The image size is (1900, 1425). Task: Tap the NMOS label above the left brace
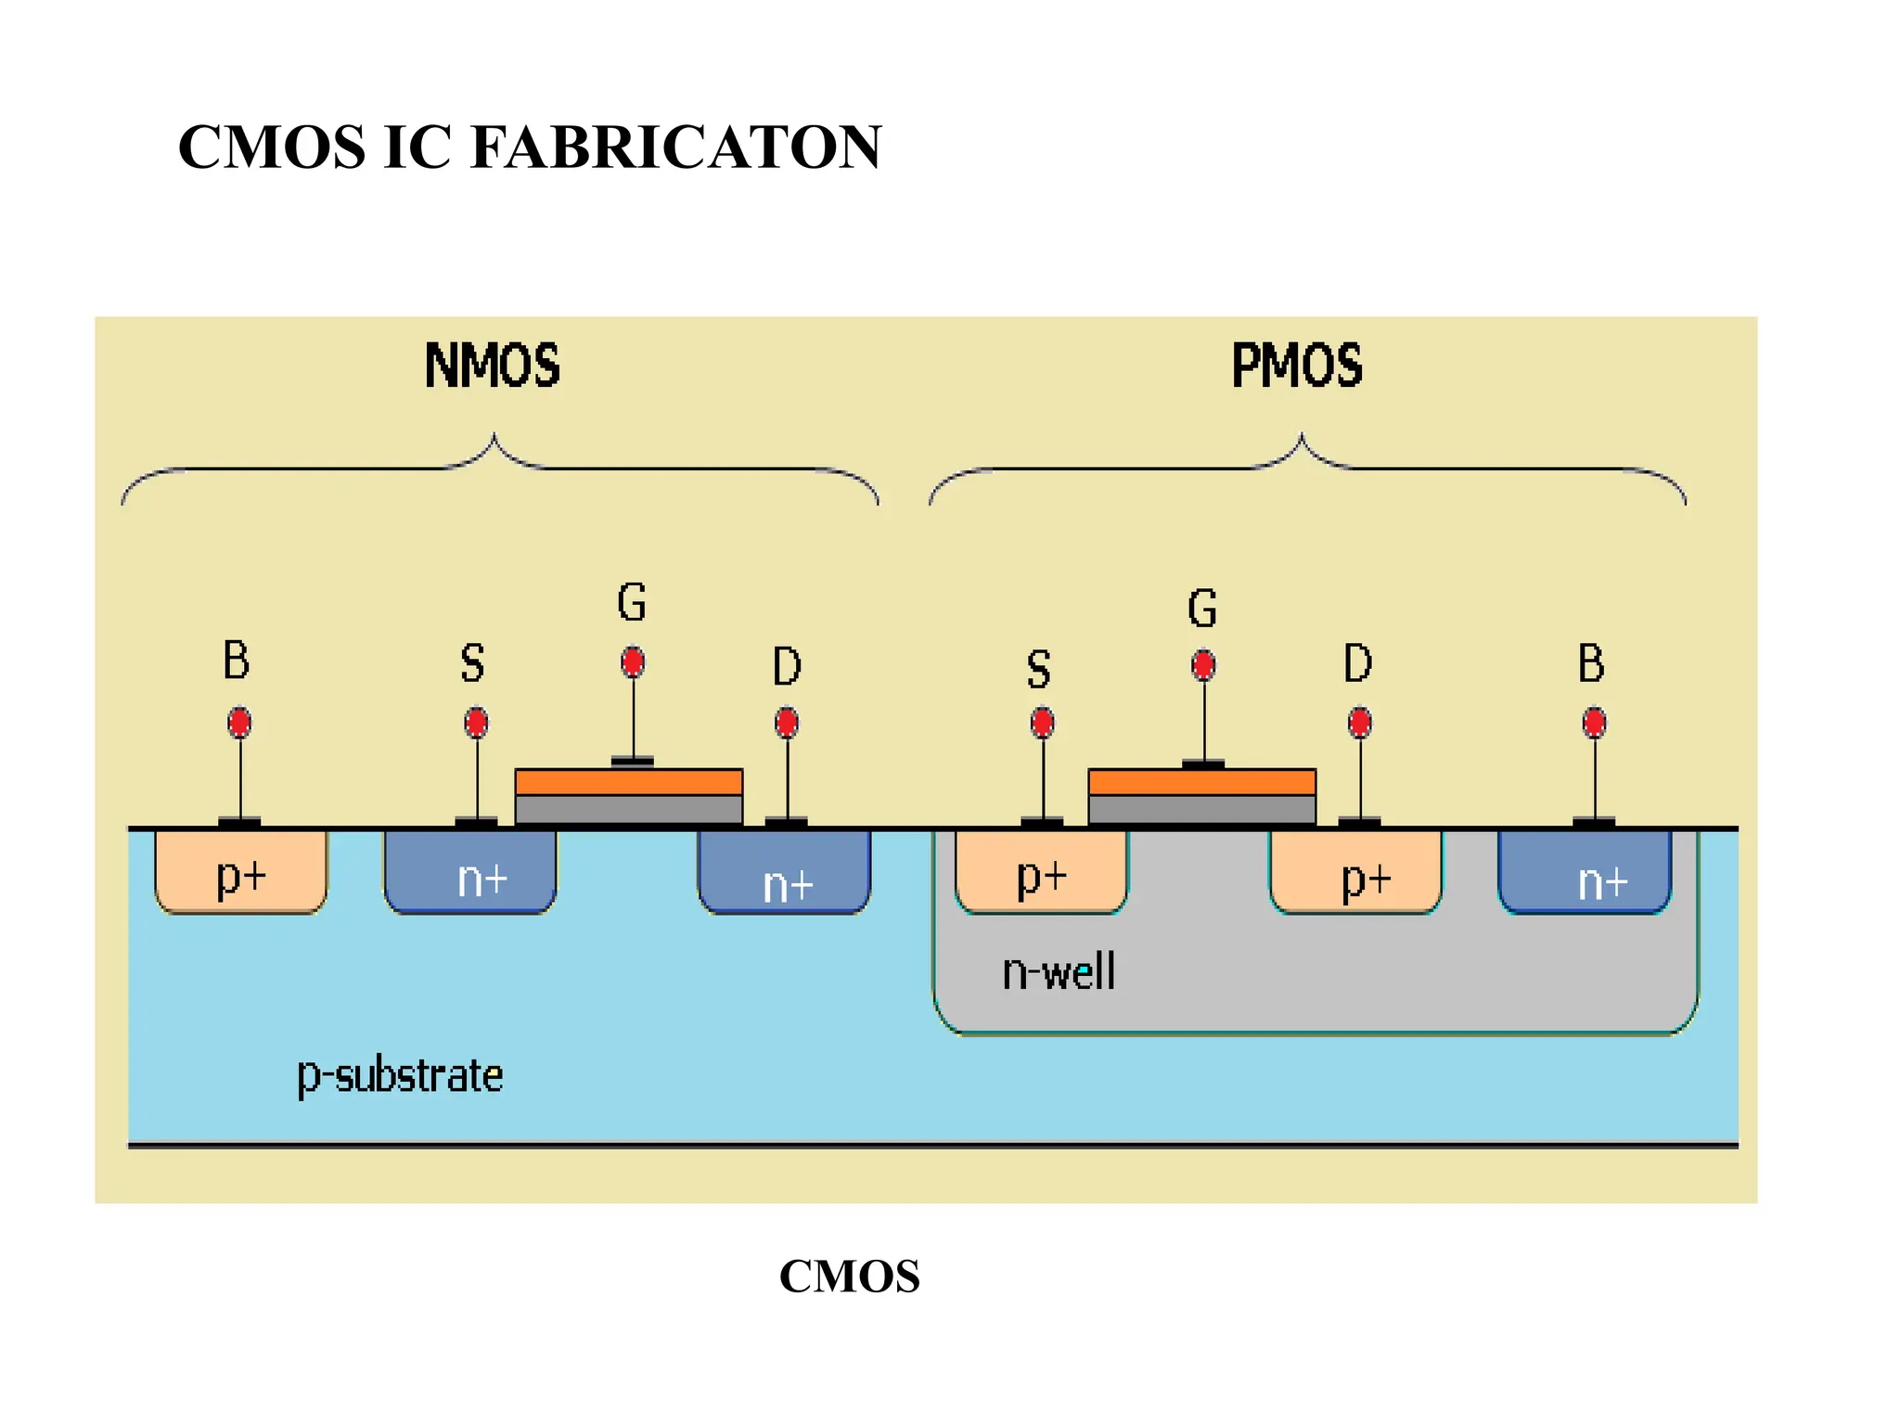click(492, 366)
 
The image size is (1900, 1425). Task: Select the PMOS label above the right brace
click(1296, 366)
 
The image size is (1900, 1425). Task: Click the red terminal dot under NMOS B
click(239, 722)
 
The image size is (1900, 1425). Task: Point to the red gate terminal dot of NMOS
click(633, 662)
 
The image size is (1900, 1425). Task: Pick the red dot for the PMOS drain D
click(1359, 722)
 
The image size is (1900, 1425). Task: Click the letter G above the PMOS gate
click(1202, 609)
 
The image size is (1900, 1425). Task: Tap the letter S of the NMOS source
click(472, 664)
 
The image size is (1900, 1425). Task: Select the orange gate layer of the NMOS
click(628, 782)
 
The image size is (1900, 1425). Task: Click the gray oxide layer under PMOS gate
click(1201, 809)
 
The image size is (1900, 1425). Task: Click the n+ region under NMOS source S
click(470, 874)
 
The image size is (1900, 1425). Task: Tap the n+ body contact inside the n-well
click(1585, 874)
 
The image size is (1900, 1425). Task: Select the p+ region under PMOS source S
click(1041, 874)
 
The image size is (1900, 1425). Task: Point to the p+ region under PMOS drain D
click(1355, 874)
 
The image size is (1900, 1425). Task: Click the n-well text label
click(1059, 972)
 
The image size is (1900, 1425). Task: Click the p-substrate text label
click(400, 1076)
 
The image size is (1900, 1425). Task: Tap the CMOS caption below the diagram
click(849, 1276)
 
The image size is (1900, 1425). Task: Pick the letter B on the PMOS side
click(1591, 664)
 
